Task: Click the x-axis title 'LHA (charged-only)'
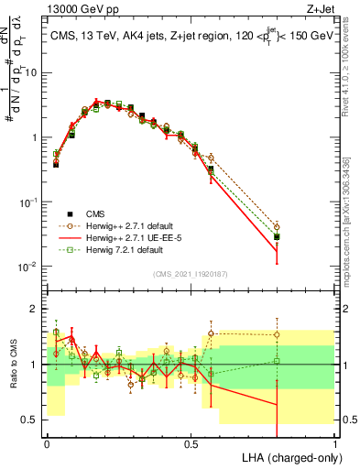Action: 285,457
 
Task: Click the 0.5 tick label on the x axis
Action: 191,442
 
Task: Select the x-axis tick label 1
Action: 335,442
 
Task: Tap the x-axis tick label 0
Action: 47,442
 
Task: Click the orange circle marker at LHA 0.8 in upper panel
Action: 277,226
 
